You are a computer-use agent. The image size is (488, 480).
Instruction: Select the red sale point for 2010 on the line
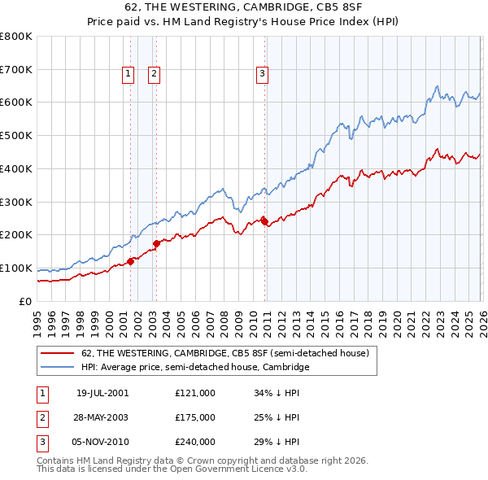[x=264, y=220]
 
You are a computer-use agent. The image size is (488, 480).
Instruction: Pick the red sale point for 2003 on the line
[x=156, y=242]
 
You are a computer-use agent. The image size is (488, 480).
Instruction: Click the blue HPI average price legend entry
[x=195, y=368]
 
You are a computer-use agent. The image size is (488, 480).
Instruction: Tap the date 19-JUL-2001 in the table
[x=102, y=393]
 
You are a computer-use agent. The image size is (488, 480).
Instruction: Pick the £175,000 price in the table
[x=195, y=417]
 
